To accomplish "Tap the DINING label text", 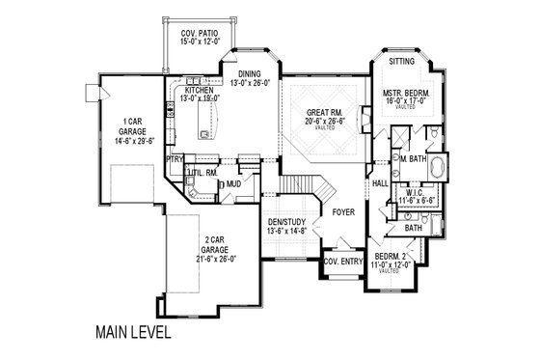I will click(252, 73).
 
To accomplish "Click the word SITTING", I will click(402, 61).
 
